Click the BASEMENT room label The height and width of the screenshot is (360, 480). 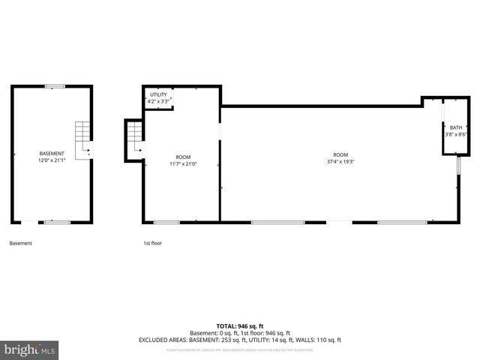point(52,153)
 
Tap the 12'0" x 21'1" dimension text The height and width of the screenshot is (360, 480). point(52,160)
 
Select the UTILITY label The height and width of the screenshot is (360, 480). point(158,94)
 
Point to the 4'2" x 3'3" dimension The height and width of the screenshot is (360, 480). point(158,101)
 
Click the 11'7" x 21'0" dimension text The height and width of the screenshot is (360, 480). point(183,164)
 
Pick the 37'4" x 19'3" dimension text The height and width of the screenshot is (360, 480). point(340,161)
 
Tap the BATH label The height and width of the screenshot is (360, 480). point(456,127)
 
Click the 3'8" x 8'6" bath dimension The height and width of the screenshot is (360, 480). point(456,135)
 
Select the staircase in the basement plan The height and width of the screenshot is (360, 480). point(82,139)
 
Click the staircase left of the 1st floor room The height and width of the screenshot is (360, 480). point(135,139)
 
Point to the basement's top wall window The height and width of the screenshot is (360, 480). point(54,87)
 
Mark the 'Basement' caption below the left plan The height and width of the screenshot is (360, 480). point(20,243)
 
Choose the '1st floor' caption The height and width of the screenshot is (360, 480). point(153,243)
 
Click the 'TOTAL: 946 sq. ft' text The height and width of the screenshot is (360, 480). point(239,326)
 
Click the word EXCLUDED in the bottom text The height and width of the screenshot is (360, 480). point(155,339)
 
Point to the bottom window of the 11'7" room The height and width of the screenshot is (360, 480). point(166,222)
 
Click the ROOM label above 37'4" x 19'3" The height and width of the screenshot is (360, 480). point(340,154)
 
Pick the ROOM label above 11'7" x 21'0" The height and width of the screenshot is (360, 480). point(183,157)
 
